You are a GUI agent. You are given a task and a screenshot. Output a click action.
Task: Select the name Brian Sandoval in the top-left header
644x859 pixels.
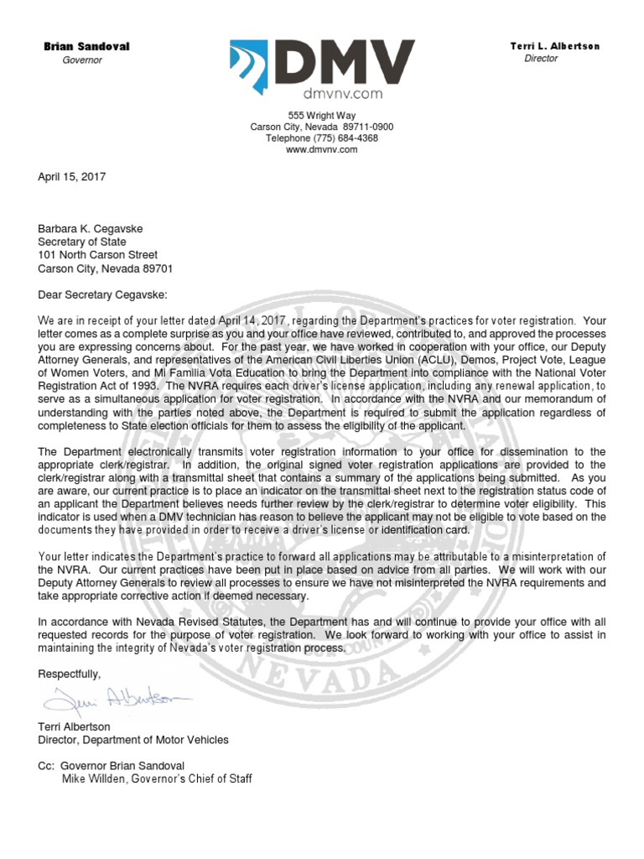click(x=86, y=46)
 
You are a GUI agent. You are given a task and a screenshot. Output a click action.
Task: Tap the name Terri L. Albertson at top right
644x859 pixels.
click(x=554, y=46)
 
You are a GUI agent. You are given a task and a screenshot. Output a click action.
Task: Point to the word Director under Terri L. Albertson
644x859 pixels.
click(x=541, y=59)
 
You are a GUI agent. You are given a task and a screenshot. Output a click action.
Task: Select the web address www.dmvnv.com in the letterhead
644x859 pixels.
click(x=322, y=149)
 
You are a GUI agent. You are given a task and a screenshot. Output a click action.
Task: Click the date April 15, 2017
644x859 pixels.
click(x=72, y=177)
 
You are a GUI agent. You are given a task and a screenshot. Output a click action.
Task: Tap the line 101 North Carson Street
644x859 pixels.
click(x=98, y=255)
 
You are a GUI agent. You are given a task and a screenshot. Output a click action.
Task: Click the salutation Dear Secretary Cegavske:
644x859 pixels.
click(x=102, y=294)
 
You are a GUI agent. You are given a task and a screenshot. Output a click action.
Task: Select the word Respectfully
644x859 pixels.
click(x=70, y=674)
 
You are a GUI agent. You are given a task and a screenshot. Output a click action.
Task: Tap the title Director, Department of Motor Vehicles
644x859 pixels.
click(x=133, y=740)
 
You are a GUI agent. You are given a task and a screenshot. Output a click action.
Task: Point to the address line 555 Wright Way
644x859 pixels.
click(x=322, y=115)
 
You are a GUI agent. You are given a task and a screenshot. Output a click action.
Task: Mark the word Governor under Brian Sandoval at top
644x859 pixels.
click(x=82, y=60)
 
